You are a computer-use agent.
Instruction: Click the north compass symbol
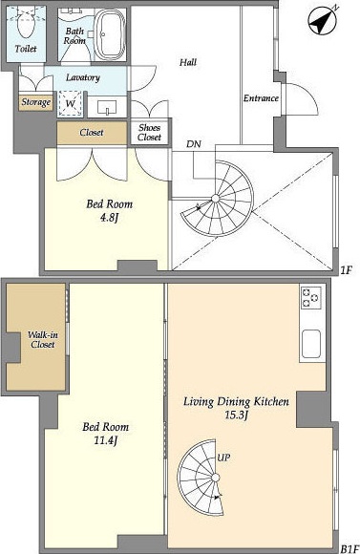click(322, 22)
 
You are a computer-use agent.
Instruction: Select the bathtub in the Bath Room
click(110, 34)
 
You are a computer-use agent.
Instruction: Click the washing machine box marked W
click(71, 103)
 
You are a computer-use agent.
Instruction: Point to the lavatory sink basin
click(107, 107)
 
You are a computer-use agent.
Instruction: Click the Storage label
click(36, 102)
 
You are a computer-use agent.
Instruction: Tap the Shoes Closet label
click(149, 132)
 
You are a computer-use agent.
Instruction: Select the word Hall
click(188, 62)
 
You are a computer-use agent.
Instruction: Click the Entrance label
click(261, 98)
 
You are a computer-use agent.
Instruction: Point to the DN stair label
click(194, 144)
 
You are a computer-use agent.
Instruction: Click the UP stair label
click(223, 458)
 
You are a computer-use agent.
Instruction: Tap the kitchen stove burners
click(311, 297)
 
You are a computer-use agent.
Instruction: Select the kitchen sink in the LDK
click(311, 344)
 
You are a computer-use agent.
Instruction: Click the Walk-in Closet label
click(42, 339)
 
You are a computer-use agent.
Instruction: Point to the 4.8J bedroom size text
click(109, 217)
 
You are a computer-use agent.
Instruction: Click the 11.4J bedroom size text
click(106, 440)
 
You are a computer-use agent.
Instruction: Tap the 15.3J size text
click(237, 415)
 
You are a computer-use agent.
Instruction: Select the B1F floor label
click(349, 548)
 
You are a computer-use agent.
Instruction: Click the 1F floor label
click(347, 270)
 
